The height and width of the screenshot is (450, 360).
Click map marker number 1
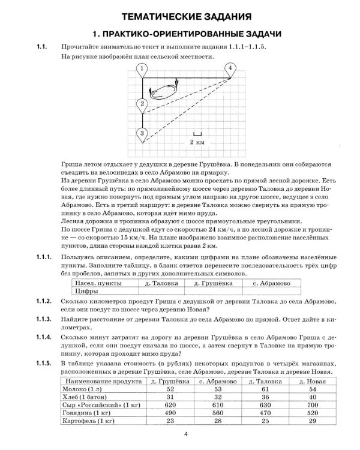click(141, 70)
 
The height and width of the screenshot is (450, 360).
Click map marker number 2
click(142, 104)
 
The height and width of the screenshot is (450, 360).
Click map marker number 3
click(142, 133)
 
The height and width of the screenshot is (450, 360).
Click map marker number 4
click(230, 70)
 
